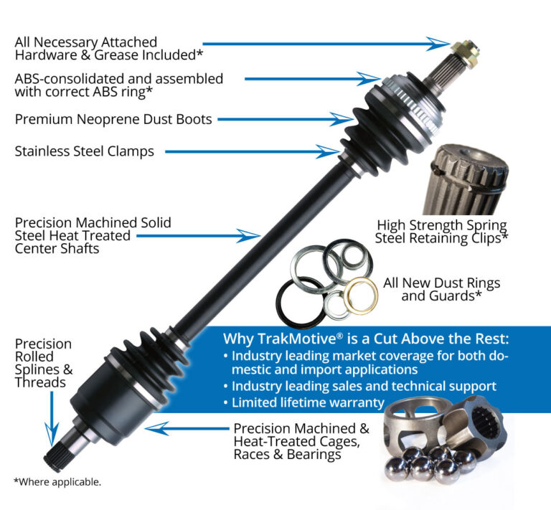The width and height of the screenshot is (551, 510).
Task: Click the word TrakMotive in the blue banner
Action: pos(286,339)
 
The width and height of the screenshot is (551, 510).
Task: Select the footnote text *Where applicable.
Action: pos(57,482)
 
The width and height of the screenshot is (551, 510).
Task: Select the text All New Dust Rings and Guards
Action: pos(441,289)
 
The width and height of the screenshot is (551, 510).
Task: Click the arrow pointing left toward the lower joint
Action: pos(184,429)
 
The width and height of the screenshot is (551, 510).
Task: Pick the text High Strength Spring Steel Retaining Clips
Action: pos(441,231)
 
